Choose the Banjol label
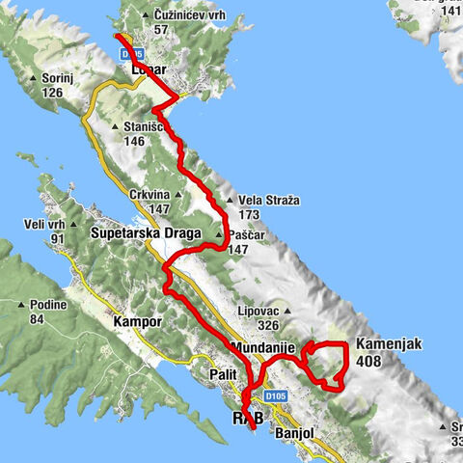pyautogui.click(x=294, y=433)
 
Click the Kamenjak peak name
pyautogui.click(x=384, y=344)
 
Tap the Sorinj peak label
pyautogui.click(x=59, y=79)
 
